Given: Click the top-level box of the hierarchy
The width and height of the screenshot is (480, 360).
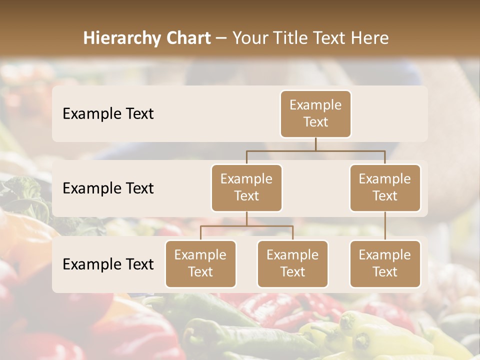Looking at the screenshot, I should (x=315, y=113).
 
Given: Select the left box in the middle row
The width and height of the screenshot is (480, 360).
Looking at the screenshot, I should (x=246, y=187).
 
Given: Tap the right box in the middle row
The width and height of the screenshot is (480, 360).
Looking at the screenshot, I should (x=385, y=187).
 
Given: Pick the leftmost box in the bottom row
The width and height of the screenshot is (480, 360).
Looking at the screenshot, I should (x=200, y=263).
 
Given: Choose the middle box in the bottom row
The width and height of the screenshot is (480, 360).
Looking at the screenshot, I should (x=292, y=263).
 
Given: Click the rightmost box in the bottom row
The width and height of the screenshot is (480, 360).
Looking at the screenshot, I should (x=385, y=263).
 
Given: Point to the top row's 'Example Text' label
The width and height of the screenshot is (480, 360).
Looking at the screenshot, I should (x=108, y=113).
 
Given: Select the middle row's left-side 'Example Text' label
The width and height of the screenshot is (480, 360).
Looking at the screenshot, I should (x=108, y=188).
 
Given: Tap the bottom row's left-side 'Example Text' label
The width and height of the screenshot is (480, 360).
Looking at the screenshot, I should (x=108, y=264).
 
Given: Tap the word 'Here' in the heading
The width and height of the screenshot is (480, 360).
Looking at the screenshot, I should (x=370, y=38).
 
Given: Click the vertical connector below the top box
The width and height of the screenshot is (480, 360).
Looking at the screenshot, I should (x=315, y=144).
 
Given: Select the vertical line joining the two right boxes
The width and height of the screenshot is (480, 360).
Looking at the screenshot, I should (x=385, y=226).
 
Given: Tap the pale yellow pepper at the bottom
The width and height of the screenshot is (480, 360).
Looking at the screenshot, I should (x=370, y=332).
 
